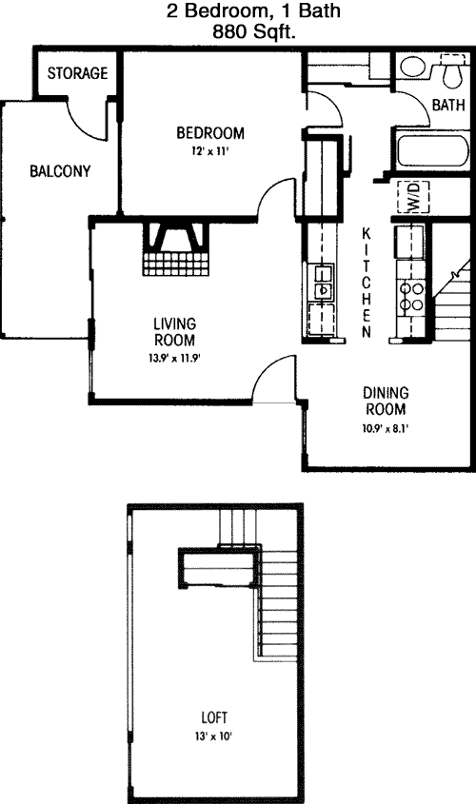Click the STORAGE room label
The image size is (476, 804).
point(77,73)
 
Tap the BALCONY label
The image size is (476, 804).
point(60,170)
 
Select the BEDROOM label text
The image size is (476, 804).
point(210,133)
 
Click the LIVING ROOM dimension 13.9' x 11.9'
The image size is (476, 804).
point(174,359)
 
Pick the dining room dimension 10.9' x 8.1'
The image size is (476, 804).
point(386,427)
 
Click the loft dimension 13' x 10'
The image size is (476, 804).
point(213,736)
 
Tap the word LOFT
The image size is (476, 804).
point(214,717)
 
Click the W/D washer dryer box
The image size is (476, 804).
point(413,197)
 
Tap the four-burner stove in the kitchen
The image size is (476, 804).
point(411,297)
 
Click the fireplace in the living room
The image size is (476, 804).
point(176,248)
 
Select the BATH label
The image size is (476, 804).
point(448,105)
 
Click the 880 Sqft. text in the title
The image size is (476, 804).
point(254,32)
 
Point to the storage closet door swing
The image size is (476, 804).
point(87,121)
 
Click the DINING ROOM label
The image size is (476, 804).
point(386,401)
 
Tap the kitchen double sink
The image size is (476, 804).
point(322,283)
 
